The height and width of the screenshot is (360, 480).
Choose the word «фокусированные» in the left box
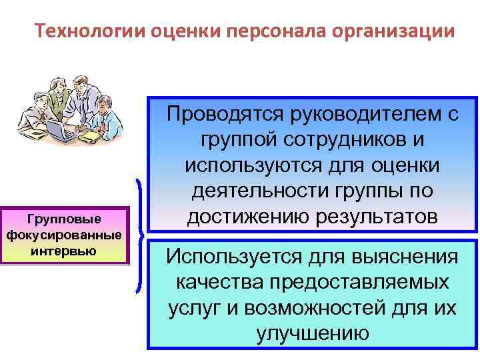tap(63, 235)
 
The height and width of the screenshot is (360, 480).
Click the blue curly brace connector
tap(139, 237)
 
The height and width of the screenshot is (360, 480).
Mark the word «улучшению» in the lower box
tap(313, 333)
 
